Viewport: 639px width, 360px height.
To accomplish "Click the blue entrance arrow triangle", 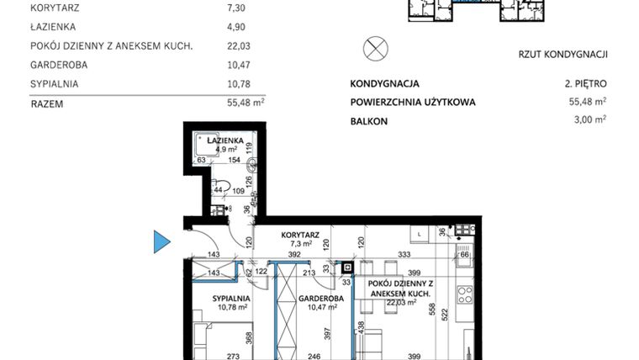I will (161, 243).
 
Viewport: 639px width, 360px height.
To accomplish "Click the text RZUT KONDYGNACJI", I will (562, 55).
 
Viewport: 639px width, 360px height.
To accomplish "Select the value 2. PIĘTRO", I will (585, 84).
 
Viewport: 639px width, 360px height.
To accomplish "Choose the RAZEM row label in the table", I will (46, 104).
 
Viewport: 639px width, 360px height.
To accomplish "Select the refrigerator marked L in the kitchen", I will (418, 232).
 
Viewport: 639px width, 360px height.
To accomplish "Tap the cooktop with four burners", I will (462, 296).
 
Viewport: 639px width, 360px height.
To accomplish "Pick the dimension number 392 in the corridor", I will (294, 253).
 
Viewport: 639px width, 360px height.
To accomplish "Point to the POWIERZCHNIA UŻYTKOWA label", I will (413, 103).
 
